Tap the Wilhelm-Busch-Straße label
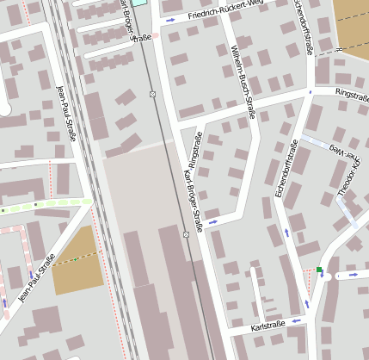point(244,81)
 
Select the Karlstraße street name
point(268,327)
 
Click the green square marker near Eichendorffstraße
point(319,270)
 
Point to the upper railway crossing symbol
point(152,93)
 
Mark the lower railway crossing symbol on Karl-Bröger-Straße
point(186,234)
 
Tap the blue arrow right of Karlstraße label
point(296,320)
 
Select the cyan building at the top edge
point(139,3)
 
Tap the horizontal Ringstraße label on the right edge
point(351,90)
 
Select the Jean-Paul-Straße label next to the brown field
point(37,277)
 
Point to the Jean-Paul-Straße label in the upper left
point(66,112)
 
